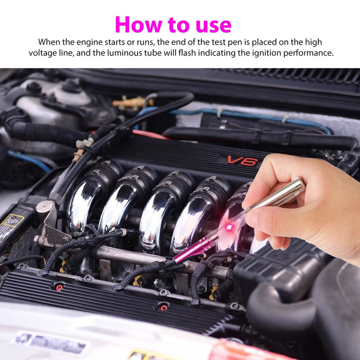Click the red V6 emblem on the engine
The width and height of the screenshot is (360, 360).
pos(242,161)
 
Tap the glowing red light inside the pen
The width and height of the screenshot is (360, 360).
pos(228,226)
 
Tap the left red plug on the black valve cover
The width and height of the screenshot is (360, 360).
pos(58,287)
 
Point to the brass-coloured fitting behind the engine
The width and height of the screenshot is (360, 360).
pos(130,103)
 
